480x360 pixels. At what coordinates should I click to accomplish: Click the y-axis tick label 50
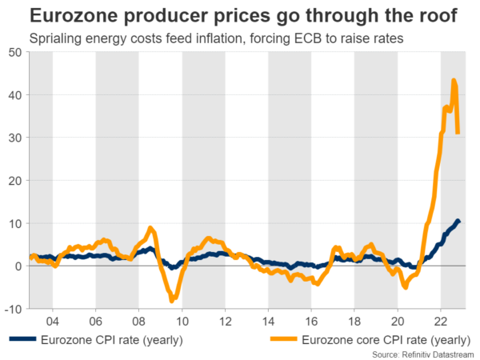pos(15,53)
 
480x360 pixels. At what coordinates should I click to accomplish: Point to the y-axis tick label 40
pos(15,95)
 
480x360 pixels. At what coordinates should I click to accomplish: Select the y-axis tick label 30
pos(15,138)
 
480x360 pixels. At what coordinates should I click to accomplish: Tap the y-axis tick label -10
pos(13,308)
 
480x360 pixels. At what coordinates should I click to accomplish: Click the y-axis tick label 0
pos(18,266)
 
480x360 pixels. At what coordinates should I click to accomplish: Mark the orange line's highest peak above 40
pos(454,80)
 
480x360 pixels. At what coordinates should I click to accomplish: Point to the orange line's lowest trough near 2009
pos(171,301)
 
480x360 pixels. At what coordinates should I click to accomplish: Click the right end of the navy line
pos(458,221)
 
